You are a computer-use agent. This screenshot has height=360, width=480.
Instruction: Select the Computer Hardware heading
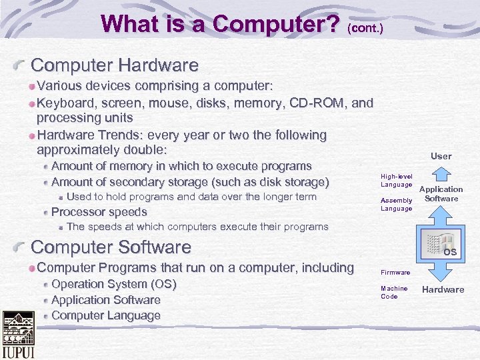pos(115,65)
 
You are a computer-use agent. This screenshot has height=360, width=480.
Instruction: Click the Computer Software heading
pos(111,247)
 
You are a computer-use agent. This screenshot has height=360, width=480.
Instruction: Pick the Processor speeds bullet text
pos(99,212)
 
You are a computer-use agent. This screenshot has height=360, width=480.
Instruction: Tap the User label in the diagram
pos(441,156)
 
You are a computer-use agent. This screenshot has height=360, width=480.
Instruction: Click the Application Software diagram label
pos(441,194)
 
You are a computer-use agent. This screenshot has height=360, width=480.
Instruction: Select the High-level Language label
pos(396,180)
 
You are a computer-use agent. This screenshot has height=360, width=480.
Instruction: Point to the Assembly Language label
pos(396,205)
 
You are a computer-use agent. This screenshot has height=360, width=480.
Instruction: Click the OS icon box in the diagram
pos(441,245)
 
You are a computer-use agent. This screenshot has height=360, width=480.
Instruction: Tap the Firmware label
pos(395,273)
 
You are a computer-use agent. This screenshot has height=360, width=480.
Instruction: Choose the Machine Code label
pos(394,293)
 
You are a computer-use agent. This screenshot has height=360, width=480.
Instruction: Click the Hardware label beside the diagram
pos(443,289)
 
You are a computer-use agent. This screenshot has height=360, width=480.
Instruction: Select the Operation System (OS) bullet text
pos(113,285)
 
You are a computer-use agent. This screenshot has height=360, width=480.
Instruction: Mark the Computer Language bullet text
pos(105,315)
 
